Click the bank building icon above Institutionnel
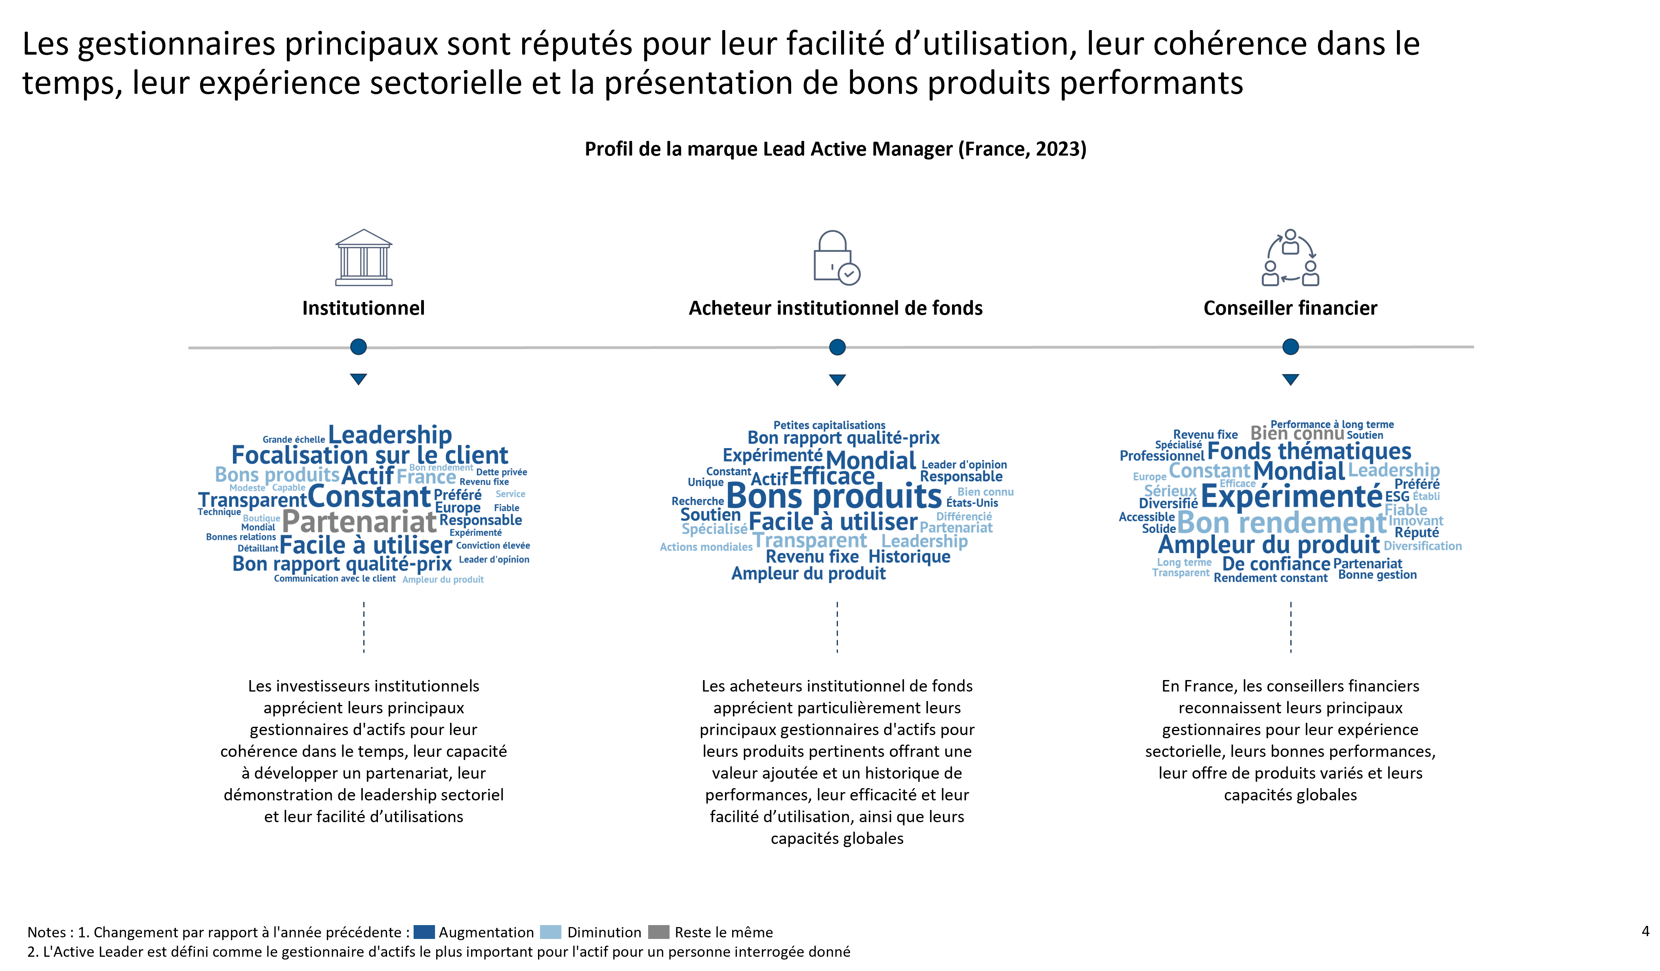pyautogui.click(x=364, y=257)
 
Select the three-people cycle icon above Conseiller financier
pyautogui.click(x=1290, y=257)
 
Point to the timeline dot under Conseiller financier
pyautogui.click(x=1290, y=347)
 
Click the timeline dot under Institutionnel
pyautogui.click(x=359, y=347)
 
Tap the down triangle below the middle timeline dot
pyautogui.click(x=837, y=380)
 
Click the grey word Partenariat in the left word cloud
pyautogui.click(x=359, y=522)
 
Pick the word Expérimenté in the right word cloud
pyautogui.click(x=1291, y=496)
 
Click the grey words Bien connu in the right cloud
pyautogui.click(x=1297, y=433)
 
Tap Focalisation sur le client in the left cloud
pyautogui.click(x=370, y=455)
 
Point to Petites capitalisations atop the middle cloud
pyautogui.click(x=829, y=425)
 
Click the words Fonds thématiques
pyautogui.click(x=1309, y=452)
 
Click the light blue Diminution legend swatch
pyautogui.click(x=550, y=932)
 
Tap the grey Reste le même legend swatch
pyautogui.click(x=659, y=932)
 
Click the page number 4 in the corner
pyautogui.click(x=1645, y=931)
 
